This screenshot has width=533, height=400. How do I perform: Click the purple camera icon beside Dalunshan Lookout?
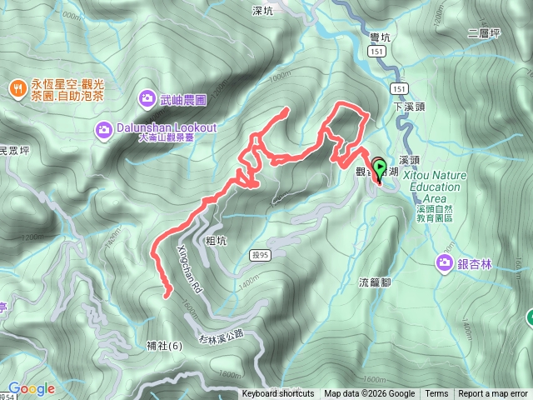[x=103, y=129]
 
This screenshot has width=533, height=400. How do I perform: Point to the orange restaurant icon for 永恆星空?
[x=17, y=87]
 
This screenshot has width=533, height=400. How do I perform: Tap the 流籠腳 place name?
[x=375, y=282]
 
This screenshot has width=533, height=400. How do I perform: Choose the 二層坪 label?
[x=483, y=33]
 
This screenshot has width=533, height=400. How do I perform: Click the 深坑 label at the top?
[x=262, y=11]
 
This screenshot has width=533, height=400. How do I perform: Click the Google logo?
[x=31, y=389]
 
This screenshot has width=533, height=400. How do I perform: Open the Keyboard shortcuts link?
[x=278, y=394]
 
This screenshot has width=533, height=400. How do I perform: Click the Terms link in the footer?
[x=436, y=394]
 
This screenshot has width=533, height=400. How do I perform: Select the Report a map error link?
[x=493, y=394]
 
